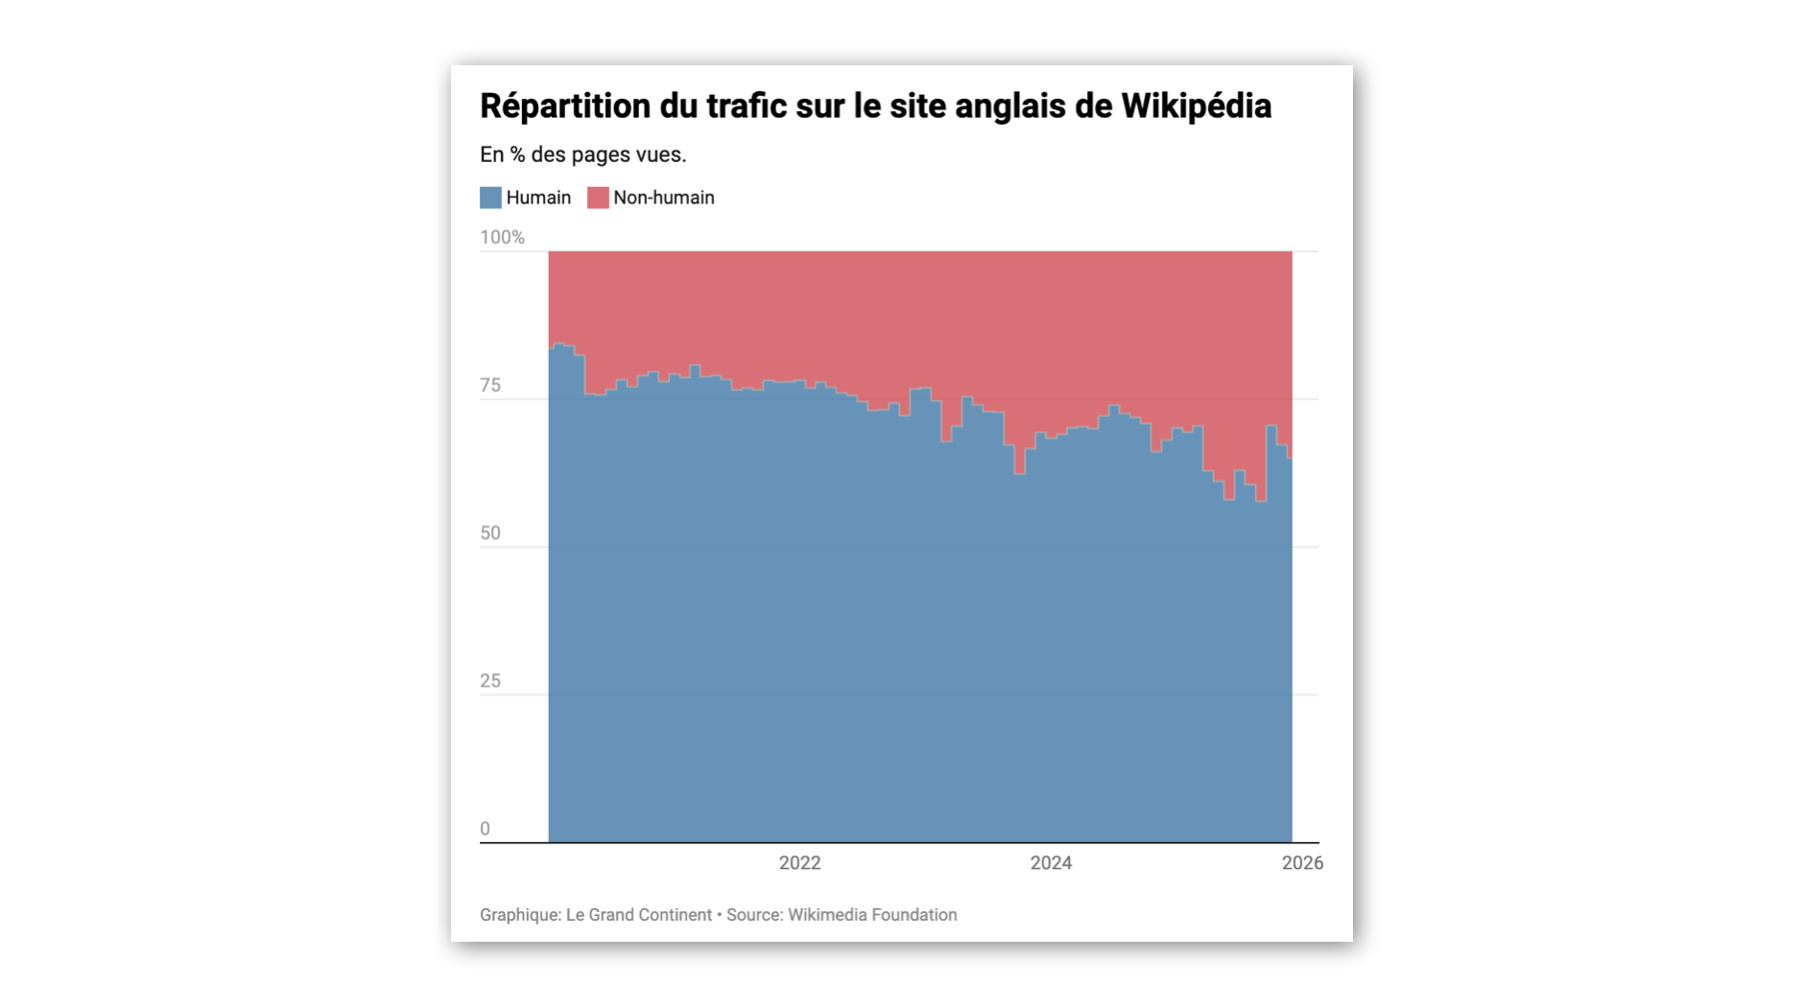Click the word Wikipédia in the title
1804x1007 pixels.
1196,106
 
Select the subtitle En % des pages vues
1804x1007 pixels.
582,154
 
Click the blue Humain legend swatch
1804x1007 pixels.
490,198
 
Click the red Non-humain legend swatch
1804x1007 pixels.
598,198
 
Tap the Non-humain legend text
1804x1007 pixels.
663,198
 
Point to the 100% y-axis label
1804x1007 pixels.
502,237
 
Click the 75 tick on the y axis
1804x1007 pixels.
490,386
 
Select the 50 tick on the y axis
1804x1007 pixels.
490,533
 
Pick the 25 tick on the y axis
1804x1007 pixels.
490,681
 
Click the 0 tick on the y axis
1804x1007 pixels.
485,829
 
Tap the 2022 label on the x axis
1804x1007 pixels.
799,863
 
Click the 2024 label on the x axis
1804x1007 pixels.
1051,863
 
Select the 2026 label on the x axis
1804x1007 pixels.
1302,863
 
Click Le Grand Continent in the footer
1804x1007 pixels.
638,915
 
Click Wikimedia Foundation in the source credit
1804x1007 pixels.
872,915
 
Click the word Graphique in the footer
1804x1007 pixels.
519,915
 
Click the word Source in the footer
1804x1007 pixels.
753,915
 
